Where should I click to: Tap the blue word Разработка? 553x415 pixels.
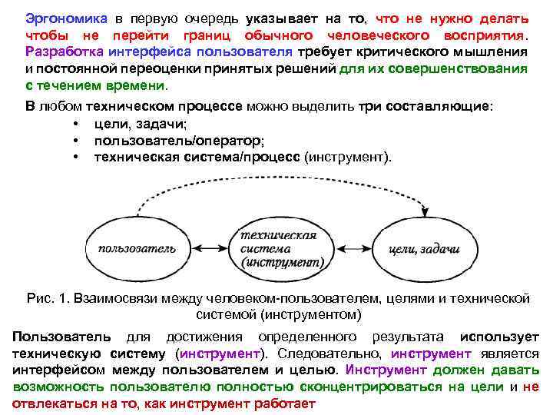[x=59, y=53]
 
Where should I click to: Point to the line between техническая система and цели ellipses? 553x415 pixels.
[x=353, y=247]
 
